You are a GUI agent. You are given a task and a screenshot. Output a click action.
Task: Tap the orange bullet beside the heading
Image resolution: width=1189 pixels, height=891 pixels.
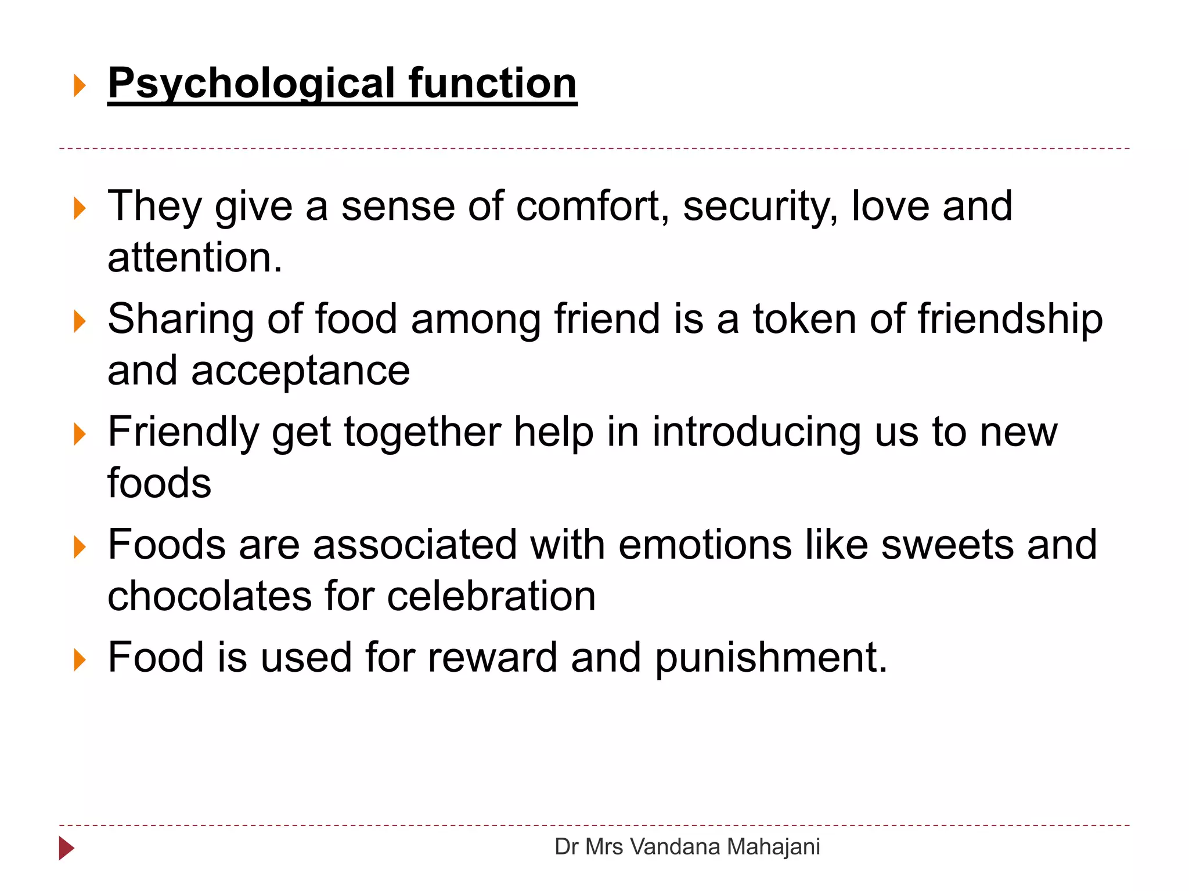click(80, 86)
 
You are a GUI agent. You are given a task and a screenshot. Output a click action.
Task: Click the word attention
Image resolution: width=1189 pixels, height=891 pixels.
click(194, 258)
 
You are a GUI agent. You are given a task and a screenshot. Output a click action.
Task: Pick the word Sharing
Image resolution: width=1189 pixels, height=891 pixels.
click(181, 320)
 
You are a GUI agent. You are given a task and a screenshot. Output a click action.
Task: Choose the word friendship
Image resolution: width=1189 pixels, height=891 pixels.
click(1010, 320)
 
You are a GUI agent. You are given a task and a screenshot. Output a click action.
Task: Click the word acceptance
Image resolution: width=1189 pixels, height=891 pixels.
click(300, 371)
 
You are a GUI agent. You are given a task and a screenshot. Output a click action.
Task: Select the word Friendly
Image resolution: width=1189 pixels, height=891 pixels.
click(183, 433)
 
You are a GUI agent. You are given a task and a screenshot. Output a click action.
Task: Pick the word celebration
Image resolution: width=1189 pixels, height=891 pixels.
click(491, 596)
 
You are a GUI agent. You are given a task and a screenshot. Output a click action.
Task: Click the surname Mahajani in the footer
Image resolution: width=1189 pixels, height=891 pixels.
click(773, 847)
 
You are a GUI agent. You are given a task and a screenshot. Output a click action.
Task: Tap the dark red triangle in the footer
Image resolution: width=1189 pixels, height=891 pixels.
click(66, 849)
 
